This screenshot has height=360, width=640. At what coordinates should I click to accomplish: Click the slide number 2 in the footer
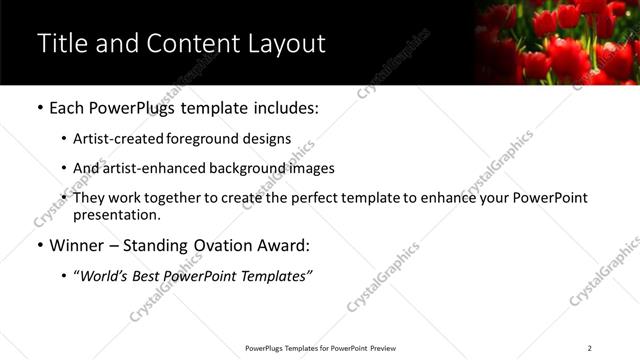click(x=590, y=348)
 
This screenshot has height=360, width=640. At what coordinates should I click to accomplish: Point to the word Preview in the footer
click(x=383, y=348)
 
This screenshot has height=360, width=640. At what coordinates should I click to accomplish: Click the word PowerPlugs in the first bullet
click(x=135, y=106)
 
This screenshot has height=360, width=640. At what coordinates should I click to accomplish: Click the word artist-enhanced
click(x=149, y=168)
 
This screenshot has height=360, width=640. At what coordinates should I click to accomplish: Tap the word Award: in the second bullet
click(x=283, y=243)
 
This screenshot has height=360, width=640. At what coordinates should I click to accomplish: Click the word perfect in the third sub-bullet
click(x=309, y=198)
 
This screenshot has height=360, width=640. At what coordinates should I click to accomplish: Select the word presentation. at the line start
click(x=117, y=214)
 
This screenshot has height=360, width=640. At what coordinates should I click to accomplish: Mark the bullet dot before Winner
click(x=39, y=243)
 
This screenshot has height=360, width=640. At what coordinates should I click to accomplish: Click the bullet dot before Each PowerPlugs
click(x=39, y=106)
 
